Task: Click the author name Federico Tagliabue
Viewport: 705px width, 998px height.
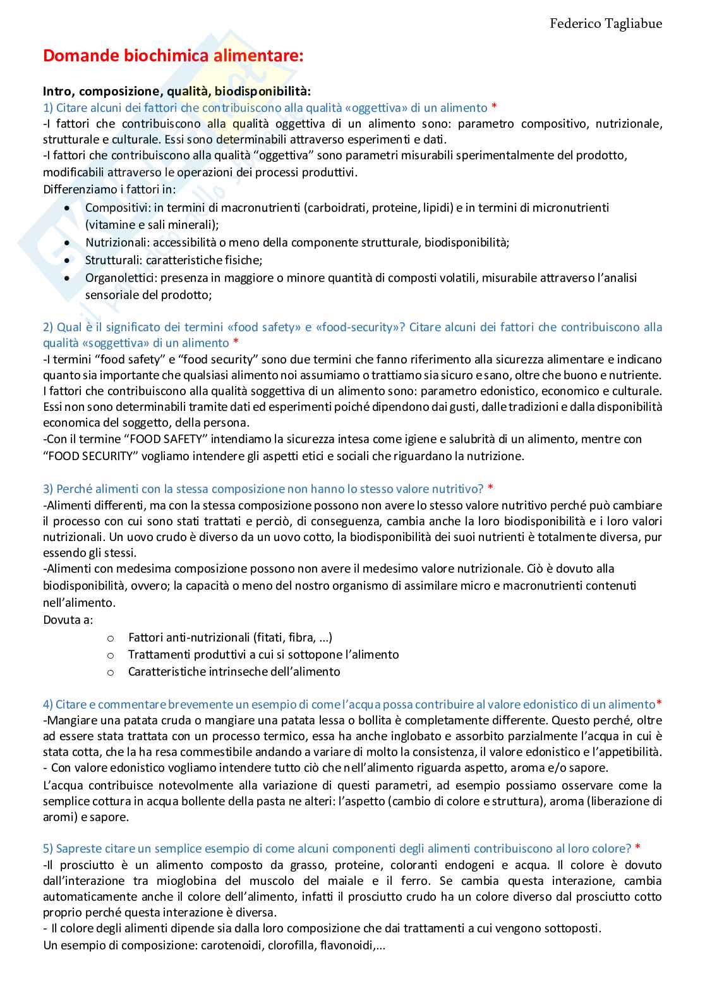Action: (x=605, y=24)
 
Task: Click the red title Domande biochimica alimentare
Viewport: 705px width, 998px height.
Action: (x=173, y=56)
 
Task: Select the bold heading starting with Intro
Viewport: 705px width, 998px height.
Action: (x=177, y=92)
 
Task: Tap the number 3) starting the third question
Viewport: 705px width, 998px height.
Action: (x=48, y=489)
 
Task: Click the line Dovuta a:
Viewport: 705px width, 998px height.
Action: (x=68, y=619)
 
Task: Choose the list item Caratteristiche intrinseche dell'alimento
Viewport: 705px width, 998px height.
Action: (x=234, y=671)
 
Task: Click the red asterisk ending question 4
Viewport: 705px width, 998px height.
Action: (x=659, y=704)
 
